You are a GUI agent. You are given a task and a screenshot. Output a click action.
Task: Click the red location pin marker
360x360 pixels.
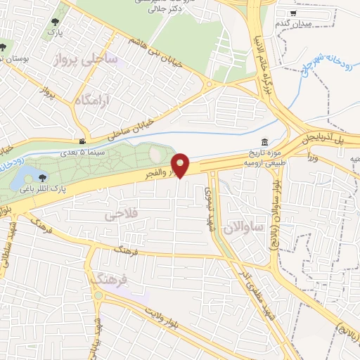pos(181,165)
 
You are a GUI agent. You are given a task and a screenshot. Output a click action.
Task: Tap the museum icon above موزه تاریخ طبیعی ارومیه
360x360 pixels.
pos(264,141)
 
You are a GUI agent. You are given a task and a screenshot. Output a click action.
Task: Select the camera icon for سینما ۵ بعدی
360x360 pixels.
pos(84,141)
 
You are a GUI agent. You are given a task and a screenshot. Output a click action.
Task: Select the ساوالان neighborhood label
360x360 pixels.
pos(245,227)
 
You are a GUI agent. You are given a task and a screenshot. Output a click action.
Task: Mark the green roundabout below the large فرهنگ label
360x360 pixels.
pos(98,296)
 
